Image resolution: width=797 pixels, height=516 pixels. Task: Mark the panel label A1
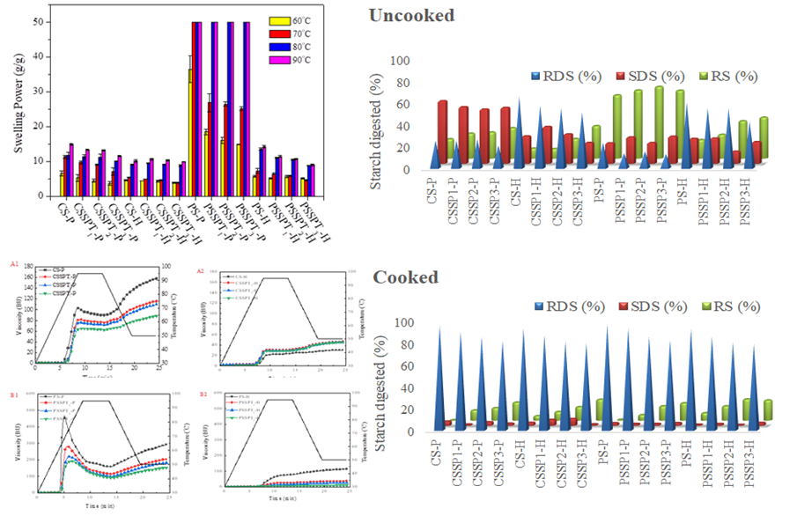pyautogui.click(x=12, y=262)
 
